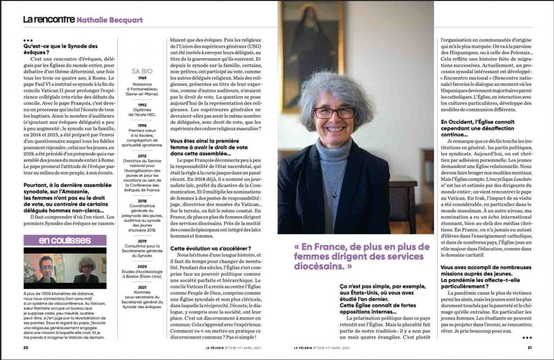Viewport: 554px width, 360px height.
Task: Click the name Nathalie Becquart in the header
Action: click(110, 20)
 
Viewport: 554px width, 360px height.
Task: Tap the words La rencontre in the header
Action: click(49, 19)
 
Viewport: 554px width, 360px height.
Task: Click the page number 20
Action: click(25, 348)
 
